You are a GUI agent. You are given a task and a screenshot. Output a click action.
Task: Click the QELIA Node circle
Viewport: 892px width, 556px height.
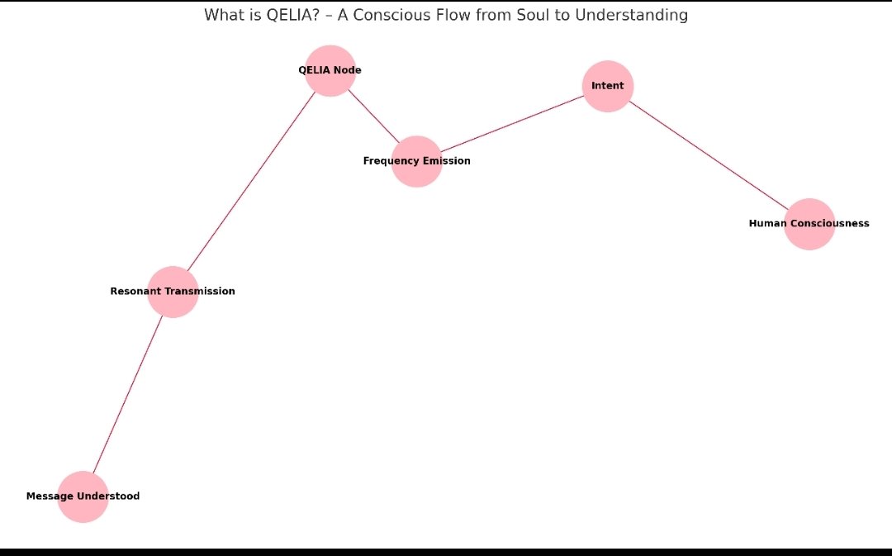330,71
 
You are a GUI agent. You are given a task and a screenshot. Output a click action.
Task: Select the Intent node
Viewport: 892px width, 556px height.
608,86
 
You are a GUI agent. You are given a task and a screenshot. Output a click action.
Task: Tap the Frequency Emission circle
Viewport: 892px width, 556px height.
417,162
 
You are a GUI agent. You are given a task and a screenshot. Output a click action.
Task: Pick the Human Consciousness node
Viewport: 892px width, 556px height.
809,224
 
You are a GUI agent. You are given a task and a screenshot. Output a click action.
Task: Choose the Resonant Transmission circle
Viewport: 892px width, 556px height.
173,292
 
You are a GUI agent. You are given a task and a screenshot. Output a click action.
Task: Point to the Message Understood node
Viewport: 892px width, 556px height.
83,497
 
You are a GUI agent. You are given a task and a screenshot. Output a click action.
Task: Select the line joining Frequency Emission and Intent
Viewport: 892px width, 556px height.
512,124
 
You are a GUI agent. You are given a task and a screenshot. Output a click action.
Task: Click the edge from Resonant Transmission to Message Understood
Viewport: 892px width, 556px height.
128,394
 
